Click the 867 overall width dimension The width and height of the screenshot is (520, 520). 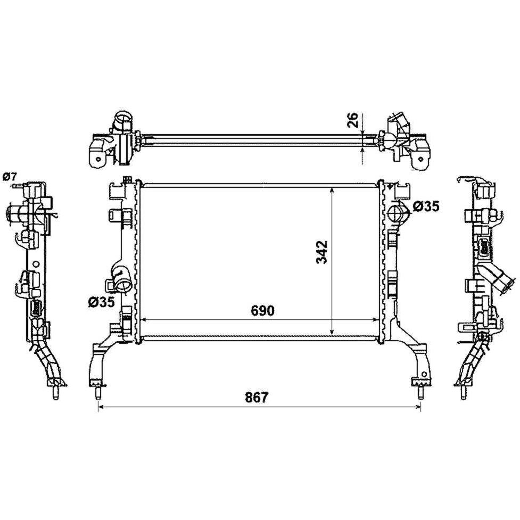pos(256,397)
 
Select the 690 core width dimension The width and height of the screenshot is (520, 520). pos(262,311)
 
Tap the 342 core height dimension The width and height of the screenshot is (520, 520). pos(321,252)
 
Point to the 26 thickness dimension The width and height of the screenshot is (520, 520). pos(353,120)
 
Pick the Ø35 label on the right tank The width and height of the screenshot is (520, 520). pos(426,207)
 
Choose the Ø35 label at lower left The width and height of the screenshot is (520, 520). pos(101,302)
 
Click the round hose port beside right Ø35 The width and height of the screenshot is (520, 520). pos(397,213)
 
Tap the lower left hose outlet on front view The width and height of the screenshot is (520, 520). pos(122,280)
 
